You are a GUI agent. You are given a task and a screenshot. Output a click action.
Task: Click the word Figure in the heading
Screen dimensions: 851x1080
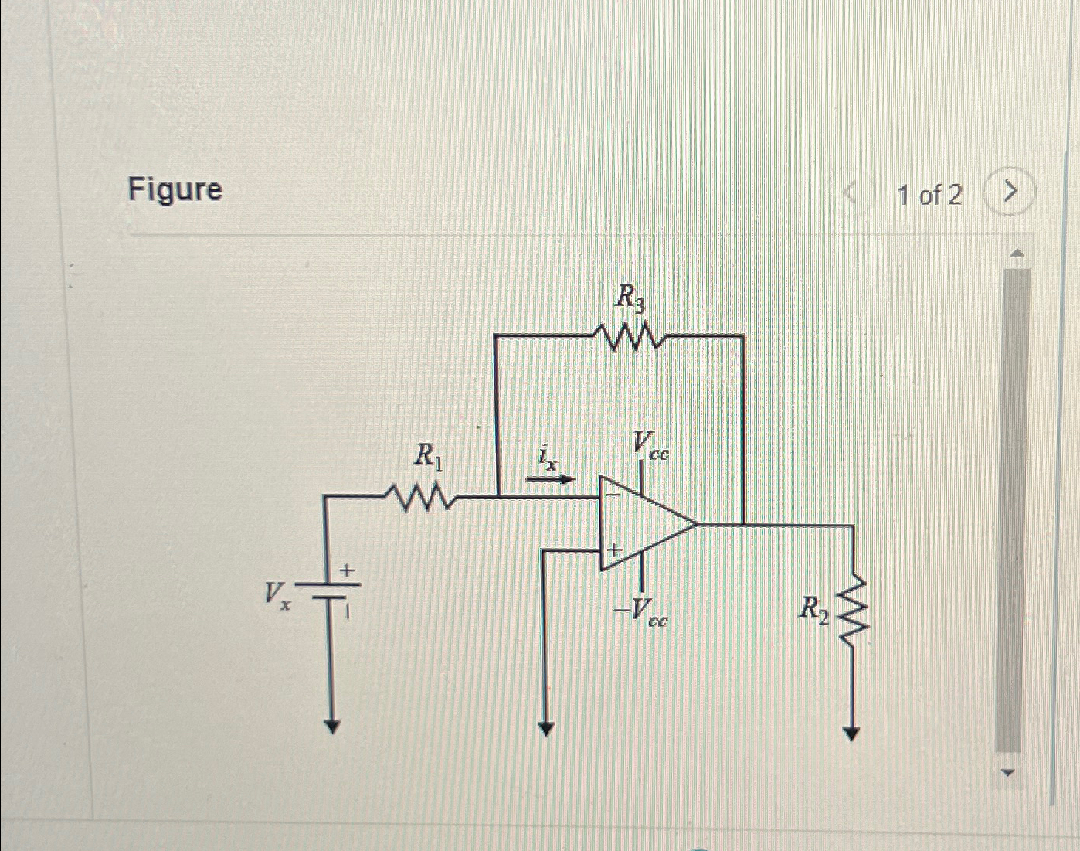coord(175,190)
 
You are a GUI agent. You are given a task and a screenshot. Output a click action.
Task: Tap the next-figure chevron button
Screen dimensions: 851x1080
coord(1009,191)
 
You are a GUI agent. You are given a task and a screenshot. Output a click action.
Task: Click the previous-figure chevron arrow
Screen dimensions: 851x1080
coord(851,192)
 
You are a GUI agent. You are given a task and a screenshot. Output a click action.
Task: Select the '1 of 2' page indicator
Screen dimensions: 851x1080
coord(929,195)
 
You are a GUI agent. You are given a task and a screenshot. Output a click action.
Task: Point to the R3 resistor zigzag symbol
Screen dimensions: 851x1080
coord(627,337)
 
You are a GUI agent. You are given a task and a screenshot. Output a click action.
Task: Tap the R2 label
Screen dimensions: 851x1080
coord(813,609)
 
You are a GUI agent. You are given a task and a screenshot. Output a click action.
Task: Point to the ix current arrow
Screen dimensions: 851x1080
coord(550,479)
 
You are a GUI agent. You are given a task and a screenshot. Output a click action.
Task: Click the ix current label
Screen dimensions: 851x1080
coord(547,458)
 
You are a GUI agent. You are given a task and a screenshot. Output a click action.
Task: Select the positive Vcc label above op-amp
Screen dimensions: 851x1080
coord(650,446)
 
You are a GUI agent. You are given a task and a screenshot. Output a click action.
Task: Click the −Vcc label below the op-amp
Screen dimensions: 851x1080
coord(640,611)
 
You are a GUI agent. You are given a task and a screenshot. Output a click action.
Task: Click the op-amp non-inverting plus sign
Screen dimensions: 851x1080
coord(614,551)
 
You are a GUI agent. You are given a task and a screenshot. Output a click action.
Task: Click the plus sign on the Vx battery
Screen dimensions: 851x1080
coord(348,571)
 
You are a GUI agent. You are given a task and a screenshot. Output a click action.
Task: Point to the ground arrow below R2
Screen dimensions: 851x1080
coord(851,733)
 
